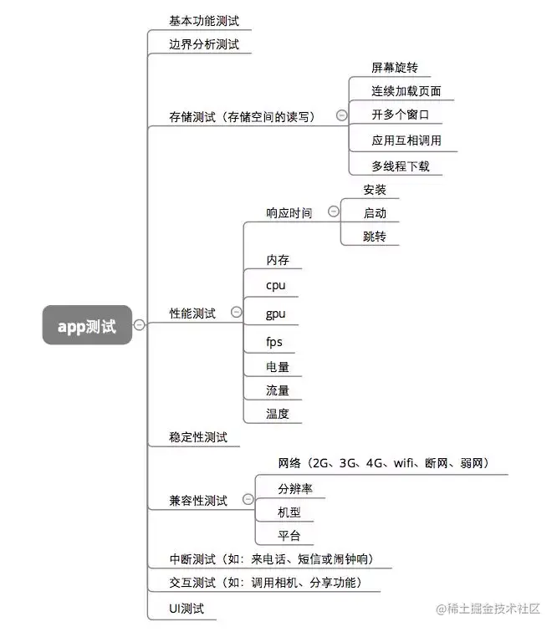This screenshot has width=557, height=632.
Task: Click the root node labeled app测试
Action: click(x=87, y=325)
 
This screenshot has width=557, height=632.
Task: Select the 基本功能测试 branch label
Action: click(x=197, y=22)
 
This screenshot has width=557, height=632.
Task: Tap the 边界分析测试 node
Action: click(x=197, y=44)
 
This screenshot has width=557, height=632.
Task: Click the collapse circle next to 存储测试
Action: click(x=341, y=116)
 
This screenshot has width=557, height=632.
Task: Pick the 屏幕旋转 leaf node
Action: click(x=394, y=67)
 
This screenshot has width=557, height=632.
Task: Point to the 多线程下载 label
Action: click(x=400, y=166)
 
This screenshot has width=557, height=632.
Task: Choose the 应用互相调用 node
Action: click(x=406, y=140)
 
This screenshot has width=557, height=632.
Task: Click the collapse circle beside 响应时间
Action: click(x=334, y=212)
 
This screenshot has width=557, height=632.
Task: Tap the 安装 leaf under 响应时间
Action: click(x=374, y=190)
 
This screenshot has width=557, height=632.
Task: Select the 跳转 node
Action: click(x=374, y=237)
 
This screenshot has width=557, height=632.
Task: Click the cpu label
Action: click(x=275, y=285)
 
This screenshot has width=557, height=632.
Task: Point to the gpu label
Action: click(x=275, y=313)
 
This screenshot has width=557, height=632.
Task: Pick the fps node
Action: click(x=274, y=341)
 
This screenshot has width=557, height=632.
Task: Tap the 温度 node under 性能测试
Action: click(x=278, y=413)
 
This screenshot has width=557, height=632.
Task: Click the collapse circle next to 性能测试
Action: click(x=236, y=312)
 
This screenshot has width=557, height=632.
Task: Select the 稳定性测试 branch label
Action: click(x=197, y=437)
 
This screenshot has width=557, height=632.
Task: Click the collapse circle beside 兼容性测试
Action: click(x=248, y=500)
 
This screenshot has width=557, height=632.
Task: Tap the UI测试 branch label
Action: click(x=186, y=609)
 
